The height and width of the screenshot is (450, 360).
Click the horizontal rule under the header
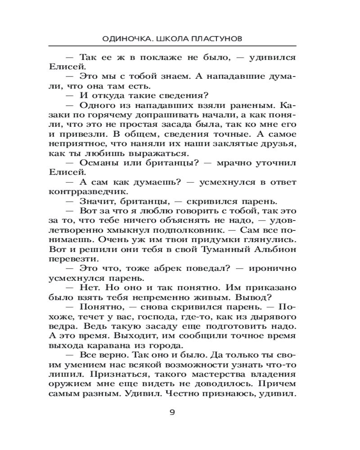[x=172, y=46]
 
